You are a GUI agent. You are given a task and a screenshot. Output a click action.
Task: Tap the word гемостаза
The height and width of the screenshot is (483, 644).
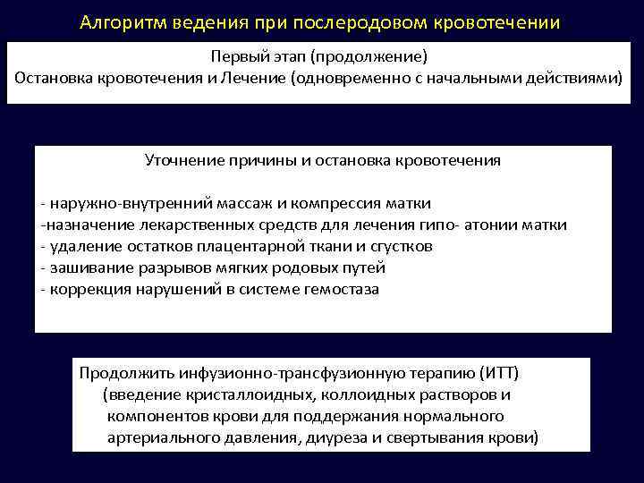point(343,289)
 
